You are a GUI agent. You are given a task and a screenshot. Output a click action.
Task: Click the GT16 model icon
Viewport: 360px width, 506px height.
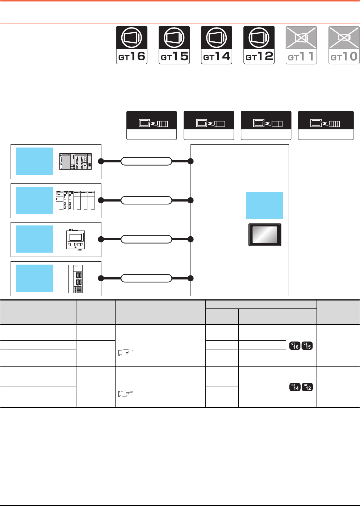pyautogui.click(x=131, y=45)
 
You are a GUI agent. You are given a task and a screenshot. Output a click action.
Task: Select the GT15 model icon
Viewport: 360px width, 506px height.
pyautogui.click(x=174, y=45)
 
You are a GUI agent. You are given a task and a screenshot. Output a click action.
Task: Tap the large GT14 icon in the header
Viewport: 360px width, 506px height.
pyautogui.click(x=217, y=45)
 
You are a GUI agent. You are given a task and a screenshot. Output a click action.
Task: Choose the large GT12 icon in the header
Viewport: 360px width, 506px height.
pyautogui.click(x=259, y=45)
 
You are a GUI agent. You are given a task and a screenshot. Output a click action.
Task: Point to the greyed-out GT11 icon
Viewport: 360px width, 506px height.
pyautogui.click(x=301, y=45)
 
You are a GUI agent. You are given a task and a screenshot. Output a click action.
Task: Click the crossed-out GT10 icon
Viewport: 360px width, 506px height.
pyautogui.click(x=344, y=45)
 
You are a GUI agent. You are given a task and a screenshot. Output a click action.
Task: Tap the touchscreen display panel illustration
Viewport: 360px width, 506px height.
pyautogui.click(x=265, y=235)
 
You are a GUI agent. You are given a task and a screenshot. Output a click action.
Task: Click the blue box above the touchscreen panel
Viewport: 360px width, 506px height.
pyautogui.click(x=265, y=206)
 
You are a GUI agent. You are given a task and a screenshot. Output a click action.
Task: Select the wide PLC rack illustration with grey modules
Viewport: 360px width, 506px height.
pyautogui.click(x=76, y=162)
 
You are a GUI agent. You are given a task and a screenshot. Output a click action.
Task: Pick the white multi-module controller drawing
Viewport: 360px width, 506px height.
pyautogui.click(x=75, y=200)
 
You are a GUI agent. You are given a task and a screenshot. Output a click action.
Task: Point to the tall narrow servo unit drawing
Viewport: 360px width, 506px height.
pyautogui.click(x=75, y=279)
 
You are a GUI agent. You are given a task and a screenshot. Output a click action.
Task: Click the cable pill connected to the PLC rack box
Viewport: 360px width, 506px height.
pyautogui.click(x=146, y=161)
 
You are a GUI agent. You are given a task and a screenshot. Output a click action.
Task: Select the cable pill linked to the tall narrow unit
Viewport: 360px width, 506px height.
pyautogui.click(x=146, y=278)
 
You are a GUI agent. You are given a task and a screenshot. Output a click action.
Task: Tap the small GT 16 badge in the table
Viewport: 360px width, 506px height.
pyautogui.click(x=295, y=346)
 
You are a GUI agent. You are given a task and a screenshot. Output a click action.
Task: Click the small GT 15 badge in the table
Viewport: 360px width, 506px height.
pyautogui.click(x=307, y=346)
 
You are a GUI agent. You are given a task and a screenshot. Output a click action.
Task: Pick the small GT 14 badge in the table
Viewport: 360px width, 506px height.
pyautogui.click(x=295, y=387)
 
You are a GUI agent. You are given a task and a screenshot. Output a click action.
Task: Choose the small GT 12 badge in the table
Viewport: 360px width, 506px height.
pyautogui.click(x=307, y=387)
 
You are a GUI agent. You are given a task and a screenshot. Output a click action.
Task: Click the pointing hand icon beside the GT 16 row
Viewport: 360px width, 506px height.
pyautogui.click(x=126, y=351)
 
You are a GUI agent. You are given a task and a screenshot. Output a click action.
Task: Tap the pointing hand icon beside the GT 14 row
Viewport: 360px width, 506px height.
pyautogui.click(x=126, y=393)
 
